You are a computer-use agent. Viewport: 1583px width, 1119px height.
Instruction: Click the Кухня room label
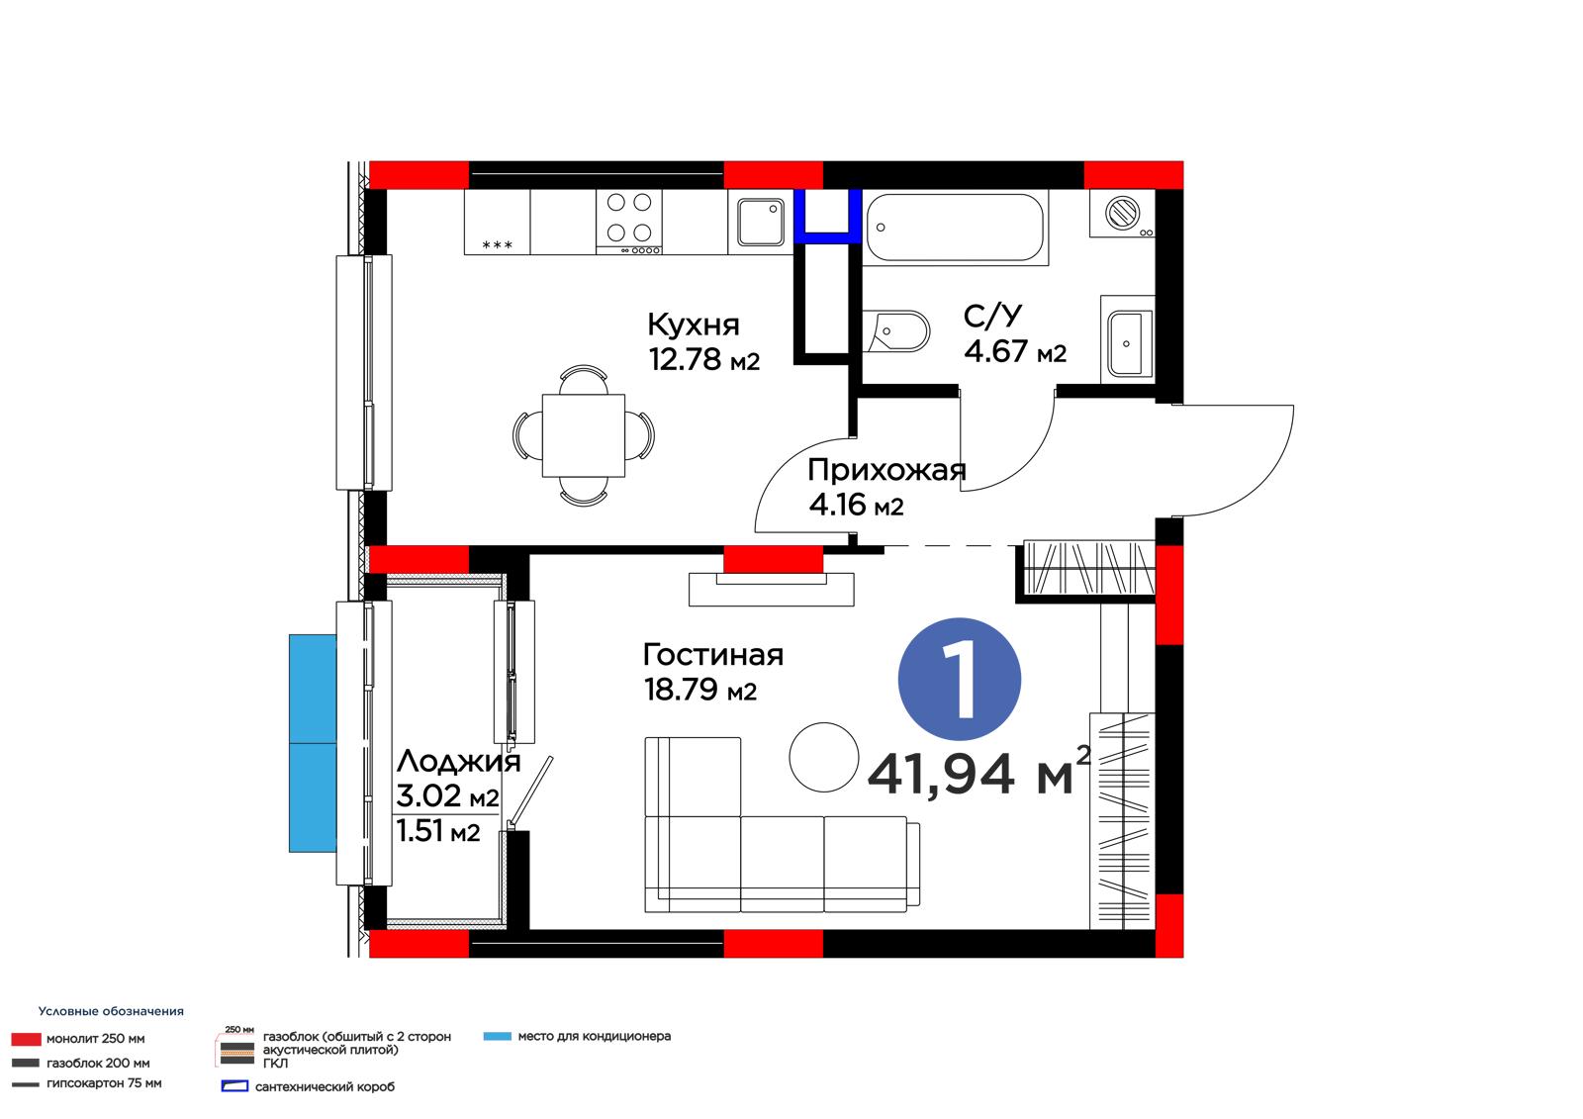[x=694, y=326]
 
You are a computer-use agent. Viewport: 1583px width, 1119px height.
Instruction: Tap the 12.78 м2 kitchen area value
[x=703, y=359]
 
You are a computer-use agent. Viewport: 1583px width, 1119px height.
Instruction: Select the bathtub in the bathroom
[x=955, y=228]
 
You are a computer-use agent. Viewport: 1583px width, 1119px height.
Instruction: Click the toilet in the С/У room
[x=896, y=330]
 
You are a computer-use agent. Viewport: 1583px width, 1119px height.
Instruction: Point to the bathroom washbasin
[x=1128, y=343]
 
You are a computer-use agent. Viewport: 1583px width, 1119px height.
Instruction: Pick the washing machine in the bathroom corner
[x=1122, y=213]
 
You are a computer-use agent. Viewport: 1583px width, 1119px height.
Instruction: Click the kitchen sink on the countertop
[x=761, y=222]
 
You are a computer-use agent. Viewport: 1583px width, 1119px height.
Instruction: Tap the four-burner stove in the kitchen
[x=629, y=222]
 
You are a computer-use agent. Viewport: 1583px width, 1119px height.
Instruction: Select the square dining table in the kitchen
[x=584, y=435]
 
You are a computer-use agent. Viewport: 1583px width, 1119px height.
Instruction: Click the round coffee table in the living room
[x=824, y=757]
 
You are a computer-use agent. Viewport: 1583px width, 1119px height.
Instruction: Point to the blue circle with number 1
[x=959, y=680]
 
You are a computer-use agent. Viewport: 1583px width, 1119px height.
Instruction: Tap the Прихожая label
[x=886, y=471]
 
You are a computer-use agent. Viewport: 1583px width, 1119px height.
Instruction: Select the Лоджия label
[x=459, y=762]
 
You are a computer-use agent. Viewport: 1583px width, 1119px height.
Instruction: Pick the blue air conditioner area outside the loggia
[x=313, y=743]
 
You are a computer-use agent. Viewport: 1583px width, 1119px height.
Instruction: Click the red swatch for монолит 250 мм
[x=26, y=1039]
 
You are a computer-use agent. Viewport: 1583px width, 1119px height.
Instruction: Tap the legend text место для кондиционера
[x=595, y=1036]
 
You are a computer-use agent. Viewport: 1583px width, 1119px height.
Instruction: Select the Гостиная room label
[x=713, y=655]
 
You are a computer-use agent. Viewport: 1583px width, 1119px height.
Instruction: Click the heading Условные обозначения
[x=111, y=1011]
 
